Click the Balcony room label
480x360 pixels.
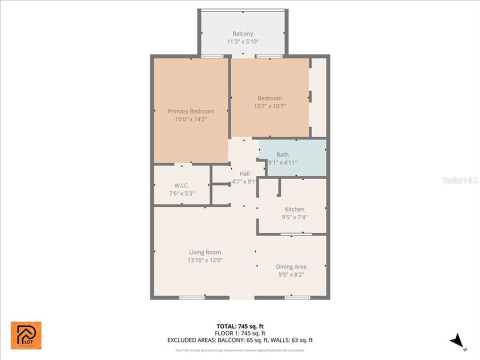click(242, 34)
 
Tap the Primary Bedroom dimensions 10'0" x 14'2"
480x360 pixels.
click(190, 119)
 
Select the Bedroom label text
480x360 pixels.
click(269, 98)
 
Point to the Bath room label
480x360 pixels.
click(282, 154)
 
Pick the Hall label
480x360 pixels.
click(244, 173)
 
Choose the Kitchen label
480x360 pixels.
click(294, 209)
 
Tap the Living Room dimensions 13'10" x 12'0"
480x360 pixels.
click(205, 260)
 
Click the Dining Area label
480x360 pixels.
click(291, 266)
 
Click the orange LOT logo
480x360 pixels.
click(26, 335)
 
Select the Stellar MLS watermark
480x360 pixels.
click(459, 179)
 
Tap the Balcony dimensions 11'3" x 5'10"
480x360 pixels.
click(242, 42)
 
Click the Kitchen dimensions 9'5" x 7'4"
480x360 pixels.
click(294, 217)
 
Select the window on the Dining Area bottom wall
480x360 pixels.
click(297, 297)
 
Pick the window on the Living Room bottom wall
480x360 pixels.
click(191, 297)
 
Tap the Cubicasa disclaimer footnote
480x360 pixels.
click(240, 350)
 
